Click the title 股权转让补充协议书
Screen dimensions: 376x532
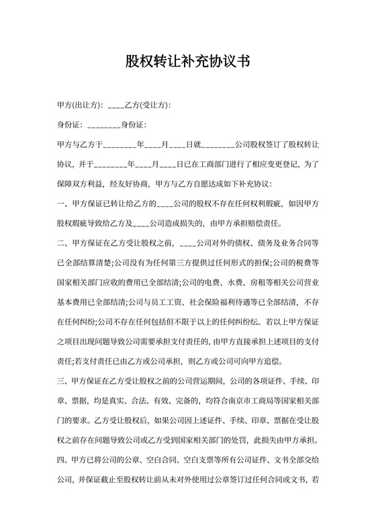[188, 62]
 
